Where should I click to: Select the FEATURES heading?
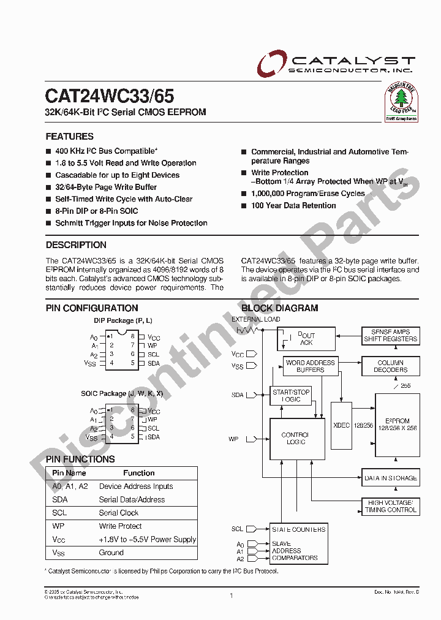pos(70,137)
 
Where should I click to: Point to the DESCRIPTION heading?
pos(76,245)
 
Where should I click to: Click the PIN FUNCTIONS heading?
pos(80,459)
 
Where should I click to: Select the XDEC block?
pos(341,425)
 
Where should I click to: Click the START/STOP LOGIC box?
pos(291,395)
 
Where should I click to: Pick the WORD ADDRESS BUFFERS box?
pos(311,366)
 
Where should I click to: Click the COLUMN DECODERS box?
pos(390,366)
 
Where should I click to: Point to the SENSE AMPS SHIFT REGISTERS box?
pos(390,335)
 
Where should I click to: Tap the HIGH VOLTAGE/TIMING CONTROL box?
pos(391,506)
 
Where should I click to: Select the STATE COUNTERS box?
pos(298,529)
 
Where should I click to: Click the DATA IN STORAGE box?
pos(390,478)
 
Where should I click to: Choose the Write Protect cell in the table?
pos(121,526)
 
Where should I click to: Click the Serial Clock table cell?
pos(119,513)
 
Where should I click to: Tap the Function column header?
pos(139,473)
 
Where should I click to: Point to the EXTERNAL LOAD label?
pos(255,319)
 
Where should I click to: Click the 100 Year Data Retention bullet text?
pos(293,205)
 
